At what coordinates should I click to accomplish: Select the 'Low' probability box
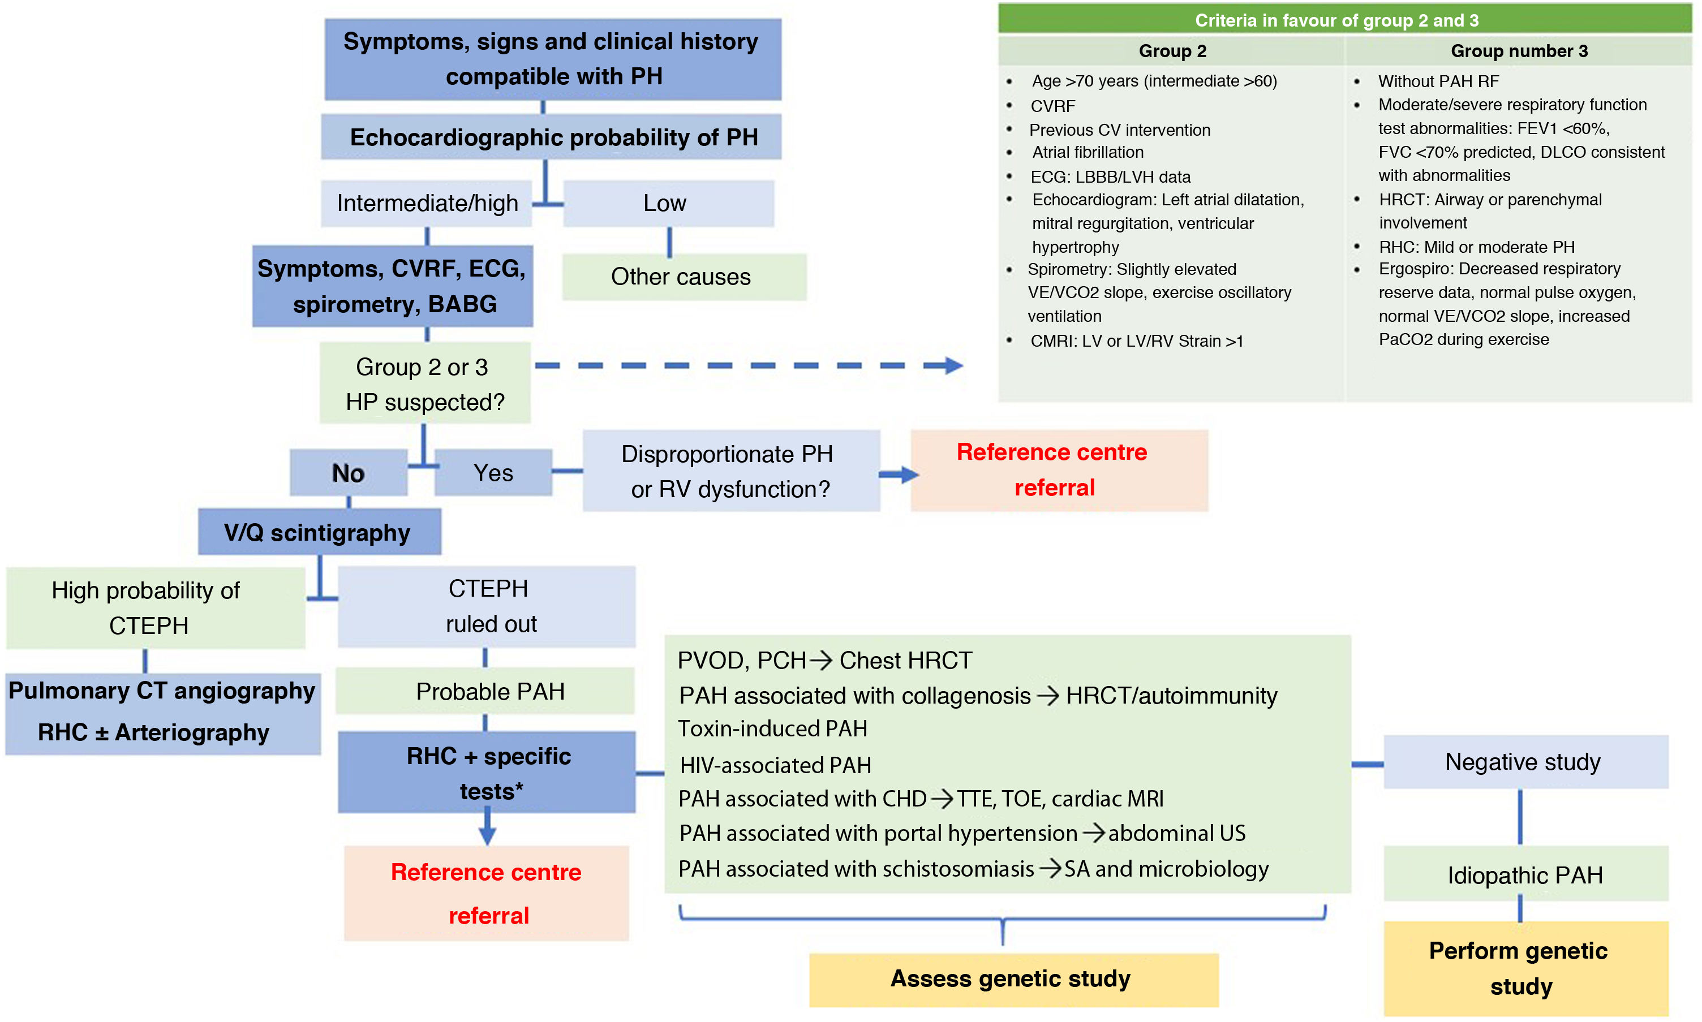pyautogui.click(x=668, y=203)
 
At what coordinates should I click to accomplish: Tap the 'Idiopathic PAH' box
pyautogui.click(x=1525, y=874)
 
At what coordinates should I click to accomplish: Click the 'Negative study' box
pyautogui.click(x=1525, y=762)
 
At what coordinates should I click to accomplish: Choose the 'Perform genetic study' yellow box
pyautogui.click(x=1525, y=968)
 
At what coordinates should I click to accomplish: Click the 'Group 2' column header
pyautogui.click(x=1172, y=51)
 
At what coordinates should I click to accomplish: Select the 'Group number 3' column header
pyautogui.click(x=1519, y=51)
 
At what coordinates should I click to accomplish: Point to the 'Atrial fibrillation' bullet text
pyautogui.click(x=1088, y=152)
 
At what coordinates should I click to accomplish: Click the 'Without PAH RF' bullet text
pyautogui.click(x=1438, y=81)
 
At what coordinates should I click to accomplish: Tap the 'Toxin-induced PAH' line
pyautogui.click(x=773, y=728)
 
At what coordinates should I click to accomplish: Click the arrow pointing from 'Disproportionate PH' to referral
pyautogui.click(x=899, y=474)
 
